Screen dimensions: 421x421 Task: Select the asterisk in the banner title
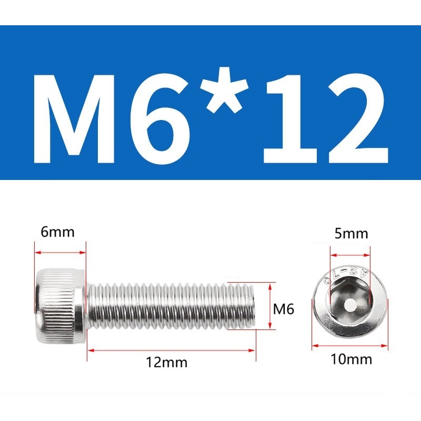tap(225, 91)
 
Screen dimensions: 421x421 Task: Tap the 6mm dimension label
tap(57, 232)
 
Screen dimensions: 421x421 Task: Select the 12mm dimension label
tap(166, 362)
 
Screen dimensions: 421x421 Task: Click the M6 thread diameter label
tap(284, 309)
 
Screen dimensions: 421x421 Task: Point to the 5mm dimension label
tap(351, 234)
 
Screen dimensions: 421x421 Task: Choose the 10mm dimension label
tap(351, 359)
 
